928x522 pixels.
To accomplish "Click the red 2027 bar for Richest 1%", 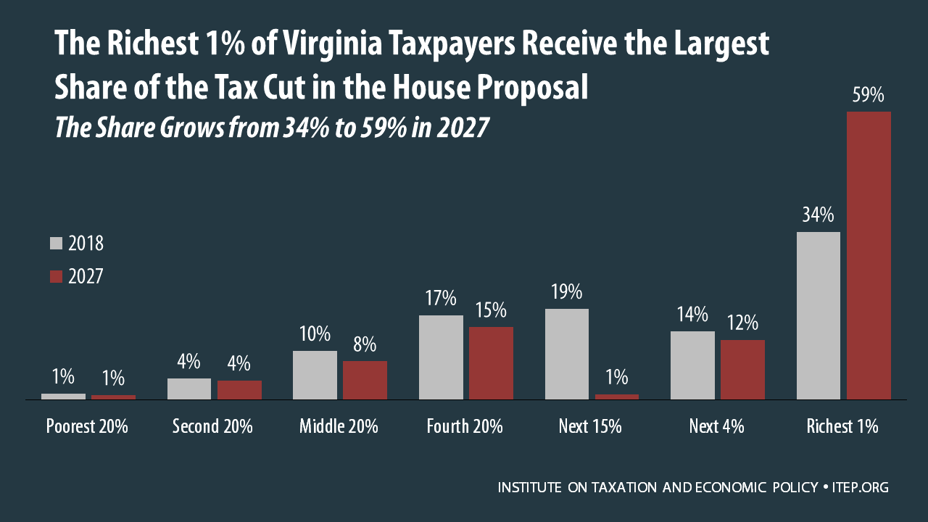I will (x=869, y=255).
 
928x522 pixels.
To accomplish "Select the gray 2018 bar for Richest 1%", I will (x=819, y=315).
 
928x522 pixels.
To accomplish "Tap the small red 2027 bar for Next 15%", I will (x=617, y=397).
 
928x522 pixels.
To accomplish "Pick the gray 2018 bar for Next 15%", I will (x=567, y=354).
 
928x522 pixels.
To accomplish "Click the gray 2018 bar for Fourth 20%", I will (x=441, y=357).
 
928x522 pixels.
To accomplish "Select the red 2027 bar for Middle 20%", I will (x=365, y=380).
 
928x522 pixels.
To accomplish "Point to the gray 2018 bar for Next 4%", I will (x=692, y=365).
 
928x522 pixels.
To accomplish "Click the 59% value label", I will (x=869, y=96).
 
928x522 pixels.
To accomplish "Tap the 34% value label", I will (x=819, y=216).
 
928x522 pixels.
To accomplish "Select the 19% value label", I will (x=567, y=292).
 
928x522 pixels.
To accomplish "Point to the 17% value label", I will (x=441, y=299).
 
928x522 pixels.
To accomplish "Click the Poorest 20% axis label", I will (x=87, y=426).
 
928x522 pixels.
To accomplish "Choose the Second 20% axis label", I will (x=212, y=426).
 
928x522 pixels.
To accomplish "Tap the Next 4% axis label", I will (x=716, y=426).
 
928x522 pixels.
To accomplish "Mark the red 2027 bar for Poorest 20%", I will (x=113, y=397).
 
